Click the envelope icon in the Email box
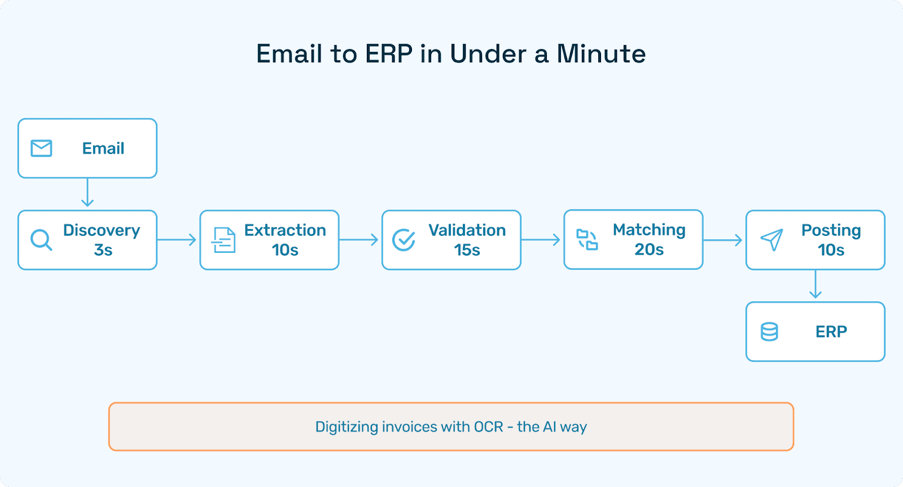pos(41,148)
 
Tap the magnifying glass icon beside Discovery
pos(41,240)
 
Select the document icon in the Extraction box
pos(223,240)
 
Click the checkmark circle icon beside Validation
pos(404,240)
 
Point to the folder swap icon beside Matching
pos(587,239)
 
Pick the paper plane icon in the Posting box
pos(772,240)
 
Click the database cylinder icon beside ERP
pos(769,332)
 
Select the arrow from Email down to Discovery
pos(87,194)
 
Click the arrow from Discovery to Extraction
pos(177,240)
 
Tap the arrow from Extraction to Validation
pos(360,240)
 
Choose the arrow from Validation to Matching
pos(541,240)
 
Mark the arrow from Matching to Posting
pos(724,240)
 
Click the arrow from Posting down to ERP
pos(815,285)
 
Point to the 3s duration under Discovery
pos(103,250)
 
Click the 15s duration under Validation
pos(467,250)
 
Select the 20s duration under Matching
pos(649,249)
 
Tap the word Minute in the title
pos(601,54)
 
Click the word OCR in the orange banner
pos(488,427)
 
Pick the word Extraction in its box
pos(285,230)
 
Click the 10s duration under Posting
pos(831,250)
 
